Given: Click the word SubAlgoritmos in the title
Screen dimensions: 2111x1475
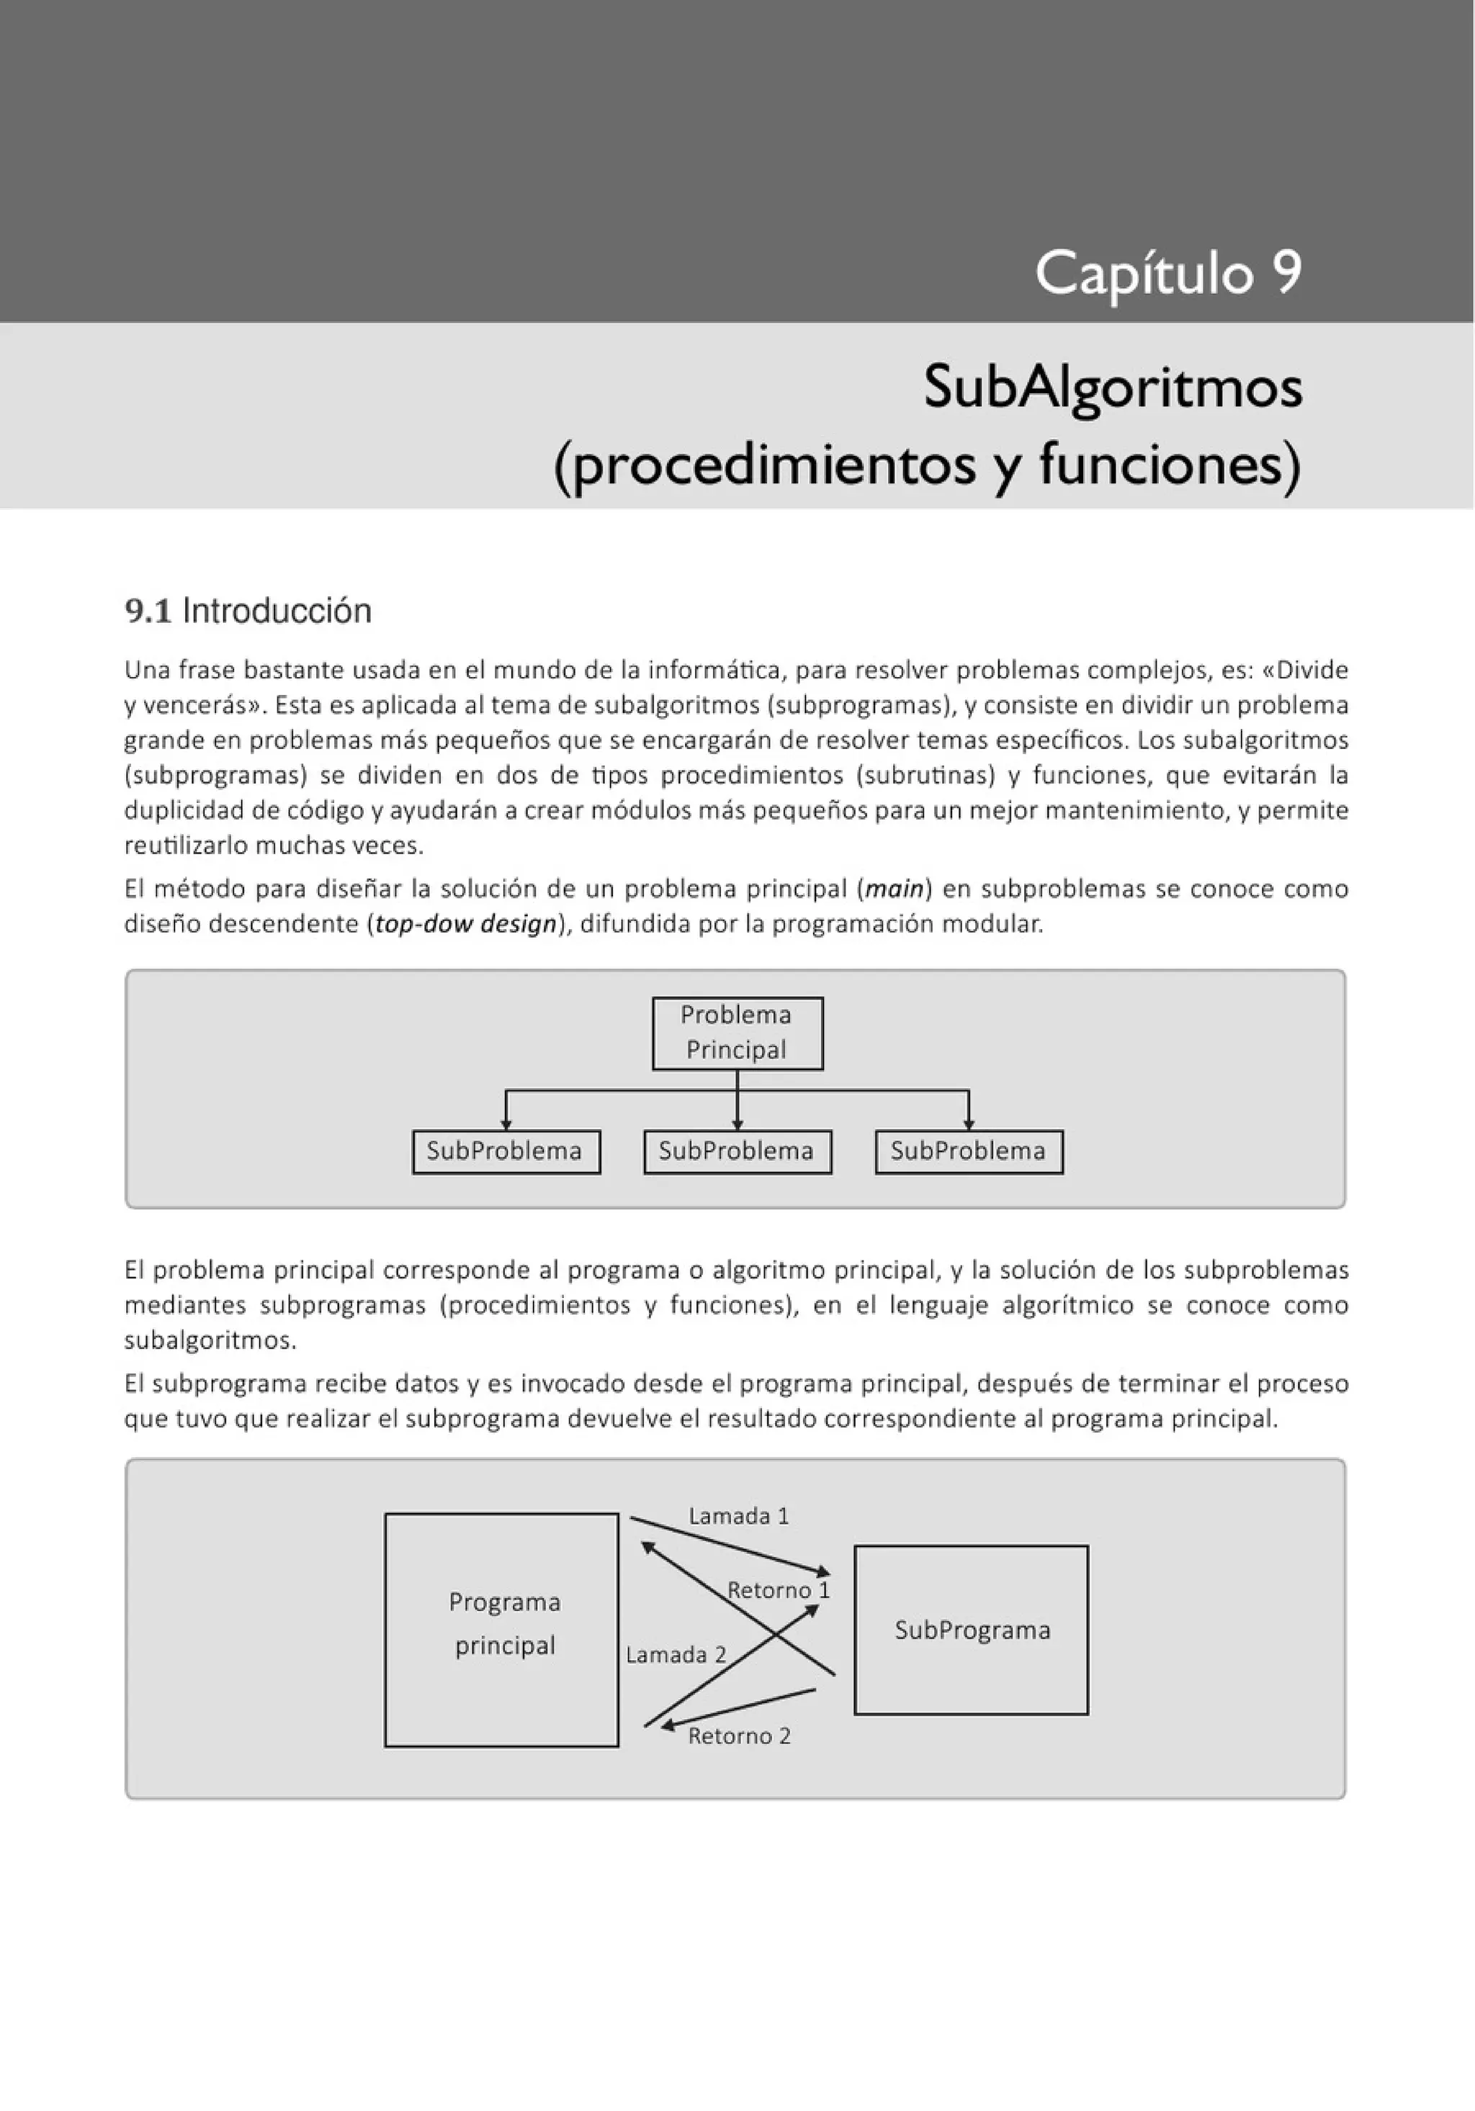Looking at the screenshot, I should pos(1113,387).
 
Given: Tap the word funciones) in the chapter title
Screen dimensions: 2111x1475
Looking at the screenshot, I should pos(1170,465).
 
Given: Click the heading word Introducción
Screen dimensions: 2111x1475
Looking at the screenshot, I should pos(277,611).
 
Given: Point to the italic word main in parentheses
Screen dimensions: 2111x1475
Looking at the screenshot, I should pos(894,889).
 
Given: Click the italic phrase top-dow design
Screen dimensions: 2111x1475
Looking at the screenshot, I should pos(466,924).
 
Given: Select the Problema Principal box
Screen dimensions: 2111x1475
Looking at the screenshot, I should pos(737,1033).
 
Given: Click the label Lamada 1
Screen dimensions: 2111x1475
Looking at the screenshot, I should pos(738,1516).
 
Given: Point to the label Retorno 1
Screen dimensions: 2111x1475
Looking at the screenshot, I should pos(778,1590).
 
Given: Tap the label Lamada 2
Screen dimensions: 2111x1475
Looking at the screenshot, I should pos(676,1655).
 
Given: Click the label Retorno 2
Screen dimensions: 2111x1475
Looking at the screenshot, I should pos(740,1736).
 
